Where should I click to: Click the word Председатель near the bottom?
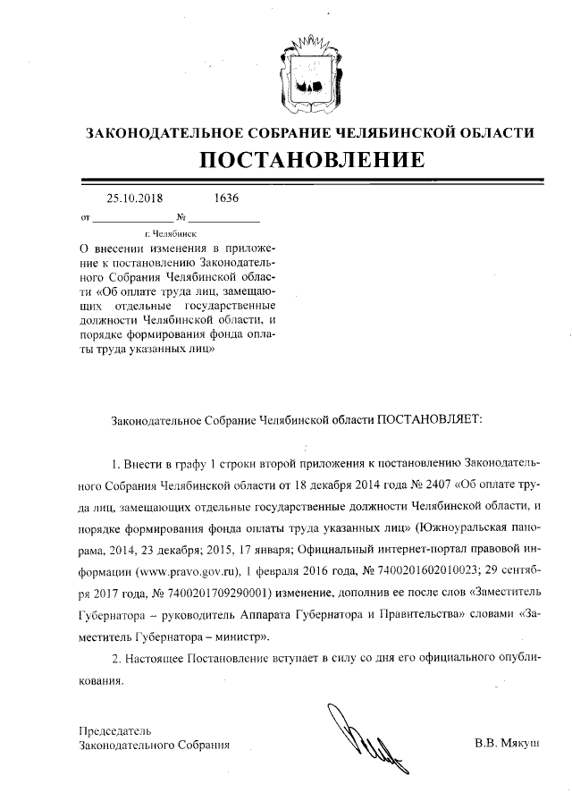coord(114,729)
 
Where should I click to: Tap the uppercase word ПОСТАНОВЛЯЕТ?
coord(427,418)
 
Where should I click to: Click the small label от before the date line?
coord(86,218)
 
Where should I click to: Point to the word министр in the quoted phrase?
coord(240,636)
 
